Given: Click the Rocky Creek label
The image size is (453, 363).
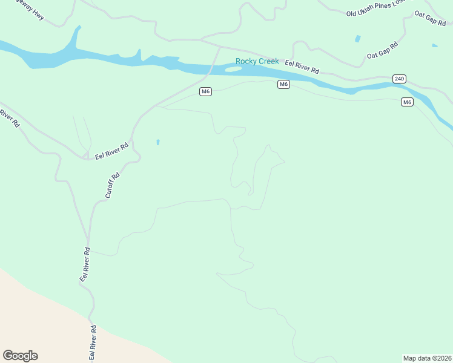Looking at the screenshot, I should point(257,61).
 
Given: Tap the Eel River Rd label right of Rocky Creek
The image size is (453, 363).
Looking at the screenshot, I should point(302,66).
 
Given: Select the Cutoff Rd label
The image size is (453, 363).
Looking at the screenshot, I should point(113,185).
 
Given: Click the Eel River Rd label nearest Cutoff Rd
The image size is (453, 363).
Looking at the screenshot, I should point(112,151).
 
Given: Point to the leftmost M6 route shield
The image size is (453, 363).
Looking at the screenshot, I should point(206,91).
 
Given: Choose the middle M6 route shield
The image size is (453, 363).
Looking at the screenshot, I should point(283,84).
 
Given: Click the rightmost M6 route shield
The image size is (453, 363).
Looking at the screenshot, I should point(407,102).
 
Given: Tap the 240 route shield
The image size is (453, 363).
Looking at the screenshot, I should point(398,79).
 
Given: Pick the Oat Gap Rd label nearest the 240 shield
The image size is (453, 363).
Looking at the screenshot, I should point(382,50).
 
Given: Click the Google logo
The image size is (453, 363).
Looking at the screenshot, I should point(20,356).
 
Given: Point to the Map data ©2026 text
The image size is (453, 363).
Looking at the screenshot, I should point(427,358).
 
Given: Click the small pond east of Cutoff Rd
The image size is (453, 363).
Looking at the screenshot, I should point(158,142).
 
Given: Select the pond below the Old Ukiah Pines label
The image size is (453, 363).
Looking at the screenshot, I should point(357,39).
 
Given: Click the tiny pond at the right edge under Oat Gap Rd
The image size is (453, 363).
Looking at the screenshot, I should point(435,45).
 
